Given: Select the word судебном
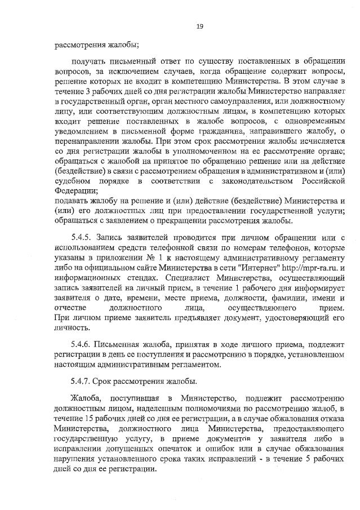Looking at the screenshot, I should click(73, 181).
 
